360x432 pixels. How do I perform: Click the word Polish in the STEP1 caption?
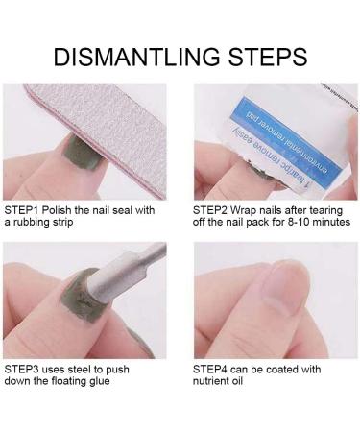coord(61,208)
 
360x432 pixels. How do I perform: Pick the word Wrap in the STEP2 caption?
coord(252,208)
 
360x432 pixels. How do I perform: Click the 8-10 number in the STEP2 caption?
coord(297,222)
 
